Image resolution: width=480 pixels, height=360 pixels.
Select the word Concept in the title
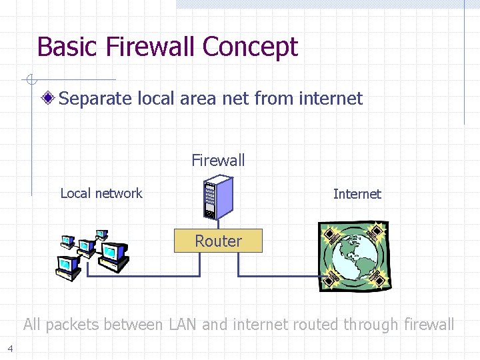pyautogui.click(x=250, y=47)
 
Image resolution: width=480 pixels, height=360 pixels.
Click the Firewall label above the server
pyautogui.click(x=218, y=161)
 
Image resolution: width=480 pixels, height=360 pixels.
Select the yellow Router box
pyautogui.click(x=218, y=241)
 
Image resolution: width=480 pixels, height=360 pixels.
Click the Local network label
pyautogui.click(x=101, y=193)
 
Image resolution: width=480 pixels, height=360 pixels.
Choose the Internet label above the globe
pyautogui.click(x=357, y=194)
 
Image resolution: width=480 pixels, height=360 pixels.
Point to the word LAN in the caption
pyautogui.click(x=182, y=325)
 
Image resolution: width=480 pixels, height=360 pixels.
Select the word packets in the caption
pyautogui.click(x=77, y=325)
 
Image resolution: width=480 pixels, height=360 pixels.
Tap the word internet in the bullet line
pyautogui.click(x=331, y=99)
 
